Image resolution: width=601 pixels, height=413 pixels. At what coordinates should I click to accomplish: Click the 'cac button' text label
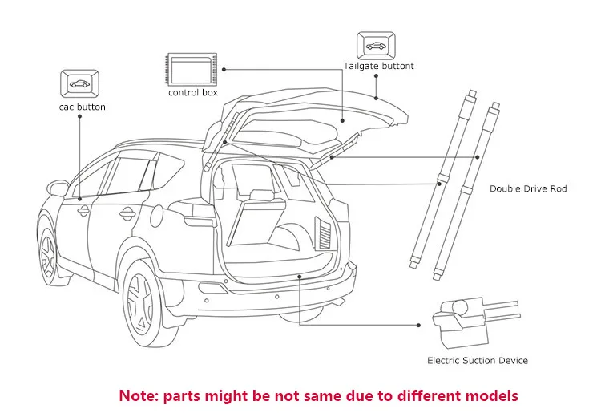(82, 107)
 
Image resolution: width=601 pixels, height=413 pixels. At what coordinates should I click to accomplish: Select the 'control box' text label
(192, 93)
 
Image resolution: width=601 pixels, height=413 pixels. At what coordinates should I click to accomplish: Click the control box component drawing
(192, 70)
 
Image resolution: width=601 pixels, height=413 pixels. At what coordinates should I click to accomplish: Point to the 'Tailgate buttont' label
(379, 66)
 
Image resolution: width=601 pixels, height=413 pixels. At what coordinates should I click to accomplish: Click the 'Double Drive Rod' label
(528, 188)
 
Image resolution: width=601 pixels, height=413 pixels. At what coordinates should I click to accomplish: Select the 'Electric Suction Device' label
(477, 361)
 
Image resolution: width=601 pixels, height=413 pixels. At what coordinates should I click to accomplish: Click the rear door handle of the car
(126, 213)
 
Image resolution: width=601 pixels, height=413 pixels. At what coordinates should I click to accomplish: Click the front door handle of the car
(83, 210)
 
